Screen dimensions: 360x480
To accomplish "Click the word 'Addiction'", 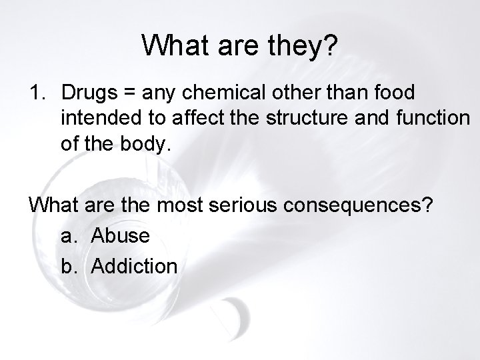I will pyautogui.click(x=134, y=267).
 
